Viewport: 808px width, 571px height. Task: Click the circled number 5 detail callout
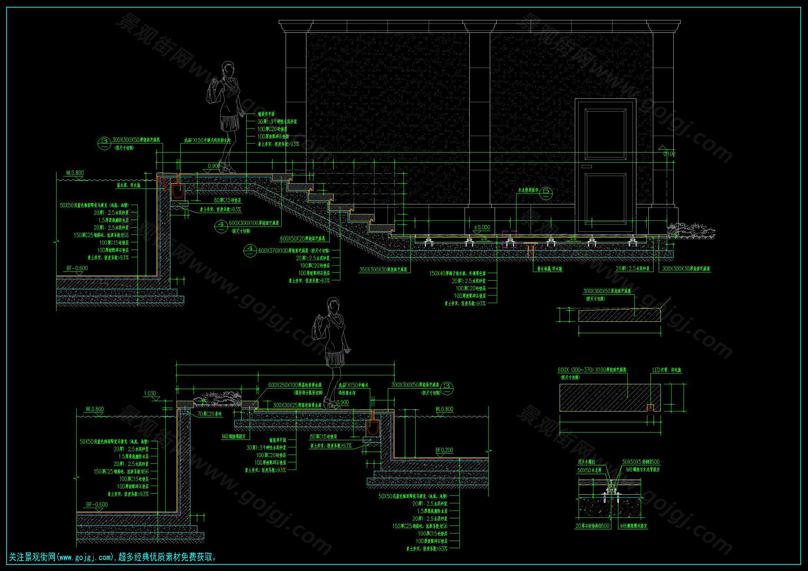tap(546, 192)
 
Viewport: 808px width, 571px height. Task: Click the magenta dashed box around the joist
tap(510, 239)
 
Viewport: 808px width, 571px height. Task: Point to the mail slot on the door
tap(587, 166)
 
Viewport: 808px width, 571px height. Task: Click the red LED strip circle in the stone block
tap(651, 407)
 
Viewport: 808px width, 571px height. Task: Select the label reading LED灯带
tap(666, 370)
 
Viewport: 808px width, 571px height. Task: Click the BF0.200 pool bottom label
tap(444, 450)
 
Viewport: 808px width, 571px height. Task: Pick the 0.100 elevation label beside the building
tap(669, 154)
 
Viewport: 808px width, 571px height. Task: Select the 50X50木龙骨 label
tap(589, 470)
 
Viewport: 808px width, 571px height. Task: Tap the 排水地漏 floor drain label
tap(550, 269)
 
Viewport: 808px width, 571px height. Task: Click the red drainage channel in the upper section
tap(178, 191)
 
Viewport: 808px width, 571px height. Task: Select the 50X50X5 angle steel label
tap(641, 462)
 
